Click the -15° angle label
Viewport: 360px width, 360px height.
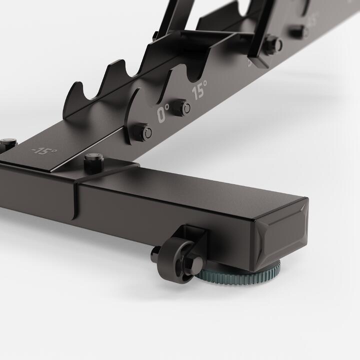point(44,151)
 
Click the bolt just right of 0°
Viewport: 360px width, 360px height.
point(185,107)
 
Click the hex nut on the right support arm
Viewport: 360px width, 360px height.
point(272,45)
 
